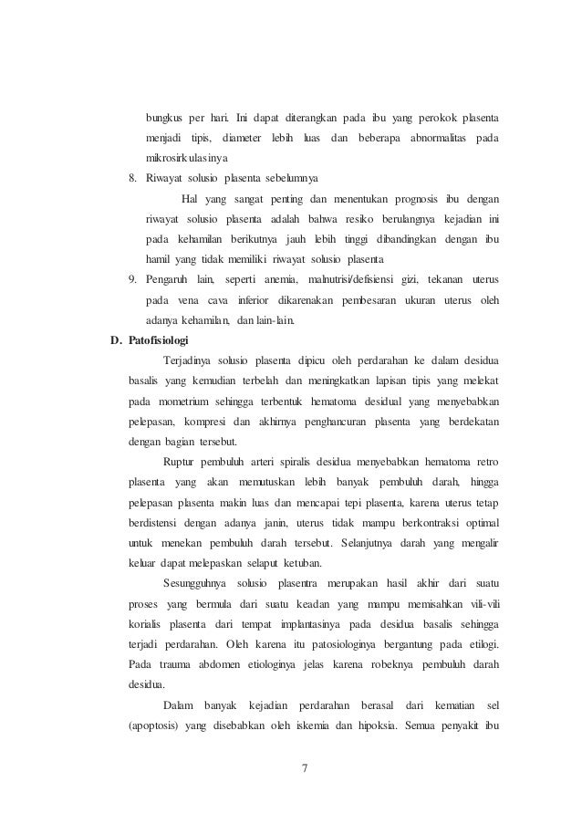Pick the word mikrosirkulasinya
tap(190, 157)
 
